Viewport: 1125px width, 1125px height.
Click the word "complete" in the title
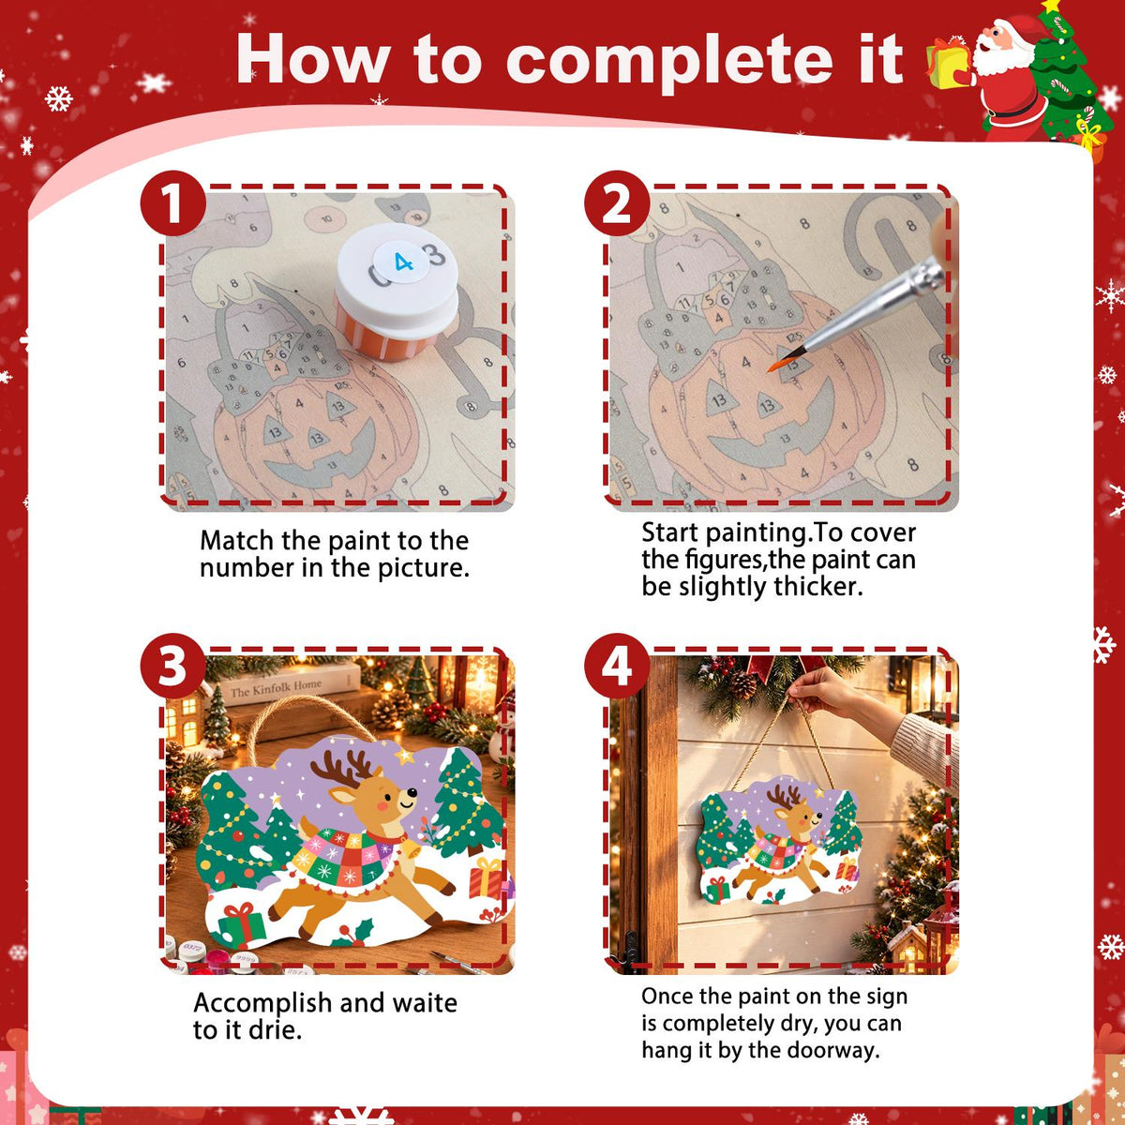(x=668, y=61)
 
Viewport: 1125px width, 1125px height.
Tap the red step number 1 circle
(x=172, y=203)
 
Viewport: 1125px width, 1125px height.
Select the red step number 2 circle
(x=617, y=203)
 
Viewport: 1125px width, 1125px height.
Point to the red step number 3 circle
(x=172, y=667)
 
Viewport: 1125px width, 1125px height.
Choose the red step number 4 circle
(x=617, y=667)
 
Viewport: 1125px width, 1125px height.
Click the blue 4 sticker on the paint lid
(x=401, y=262)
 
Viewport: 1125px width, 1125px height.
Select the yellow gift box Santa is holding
(x=947, y=65)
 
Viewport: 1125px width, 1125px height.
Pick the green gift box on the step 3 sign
(x=241, y=924)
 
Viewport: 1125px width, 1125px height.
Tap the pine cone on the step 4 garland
(x=742, y=684)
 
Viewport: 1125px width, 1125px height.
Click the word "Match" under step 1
(x=236, y=541)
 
